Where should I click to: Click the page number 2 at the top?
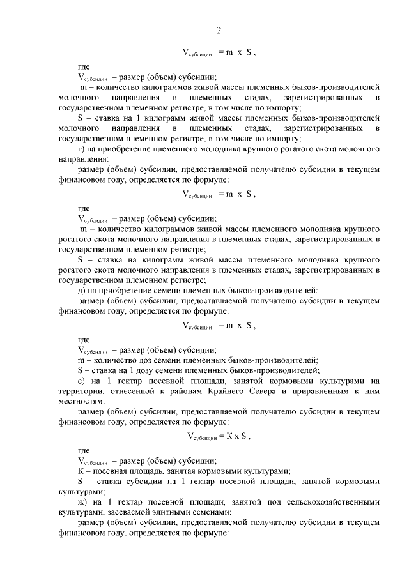coord(219,31)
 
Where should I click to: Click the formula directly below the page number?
coord(219,53)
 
